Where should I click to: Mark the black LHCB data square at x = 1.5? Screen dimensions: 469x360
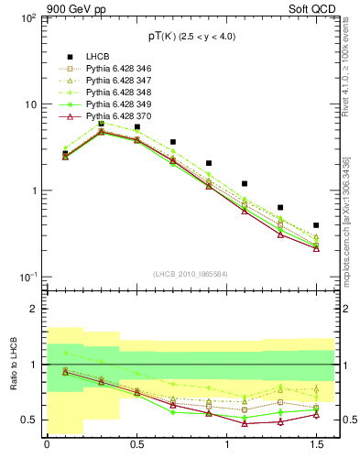tap(316, 224)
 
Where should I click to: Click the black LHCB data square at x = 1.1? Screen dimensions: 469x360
tap(245, 184)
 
